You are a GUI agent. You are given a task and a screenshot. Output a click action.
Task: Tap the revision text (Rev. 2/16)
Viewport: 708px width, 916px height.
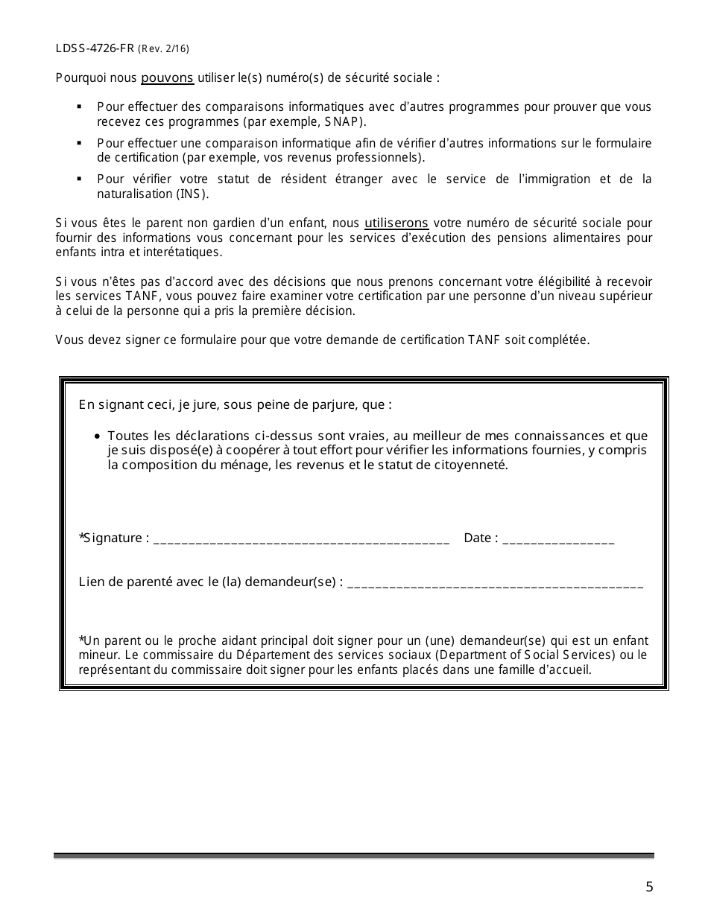click(x=163, y=49)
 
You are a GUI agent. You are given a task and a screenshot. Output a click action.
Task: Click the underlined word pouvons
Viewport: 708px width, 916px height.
click(x=168, y=77)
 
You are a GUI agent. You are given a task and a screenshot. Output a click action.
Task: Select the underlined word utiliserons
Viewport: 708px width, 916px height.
click(x=396, y=223)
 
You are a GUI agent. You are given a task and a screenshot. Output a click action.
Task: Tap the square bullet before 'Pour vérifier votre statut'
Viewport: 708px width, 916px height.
click(x=79, y=179)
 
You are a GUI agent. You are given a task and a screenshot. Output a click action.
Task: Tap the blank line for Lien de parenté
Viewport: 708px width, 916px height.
click(x=495, y=584)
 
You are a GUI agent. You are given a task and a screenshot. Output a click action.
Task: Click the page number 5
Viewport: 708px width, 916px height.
click(x=649, y=886)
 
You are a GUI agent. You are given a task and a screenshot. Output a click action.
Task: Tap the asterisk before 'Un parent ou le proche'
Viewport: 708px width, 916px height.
click(x=81, y=640)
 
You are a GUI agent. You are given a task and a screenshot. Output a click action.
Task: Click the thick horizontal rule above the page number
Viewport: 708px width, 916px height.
click(x=353, y=856)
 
